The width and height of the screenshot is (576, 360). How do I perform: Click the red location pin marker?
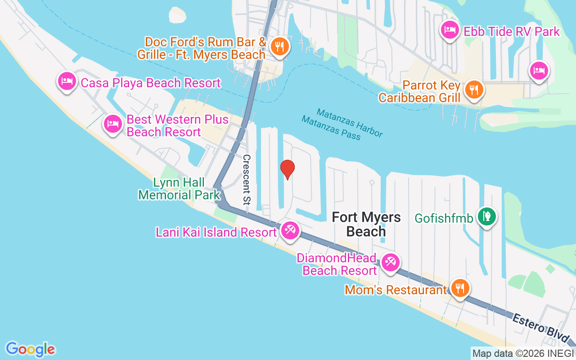coord(287,169)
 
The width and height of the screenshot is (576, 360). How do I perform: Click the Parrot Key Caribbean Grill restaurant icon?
coord(474,89)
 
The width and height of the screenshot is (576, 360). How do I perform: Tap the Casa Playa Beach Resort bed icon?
coord(67,81)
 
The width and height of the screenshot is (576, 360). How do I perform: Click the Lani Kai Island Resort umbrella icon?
coord(289,230)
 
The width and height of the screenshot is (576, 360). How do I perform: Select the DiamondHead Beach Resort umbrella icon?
coord(390,262)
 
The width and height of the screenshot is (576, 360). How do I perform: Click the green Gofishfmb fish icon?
coord(486,216)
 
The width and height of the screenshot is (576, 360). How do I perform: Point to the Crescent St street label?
coord(247,179)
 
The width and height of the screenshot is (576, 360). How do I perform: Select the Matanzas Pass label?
coord(331,128)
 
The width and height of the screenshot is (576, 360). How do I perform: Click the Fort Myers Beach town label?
coord(366,224)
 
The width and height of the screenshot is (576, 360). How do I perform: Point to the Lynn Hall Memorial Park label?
coord(180,189)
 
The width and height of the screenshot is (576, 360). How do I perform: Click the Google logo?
coord(30,349)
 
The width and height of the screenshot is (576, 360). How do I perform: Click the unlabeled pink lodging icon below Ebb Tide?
coord(539,70)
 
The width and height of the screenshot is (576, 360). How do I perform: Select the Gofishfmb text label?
coord(444,219)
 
